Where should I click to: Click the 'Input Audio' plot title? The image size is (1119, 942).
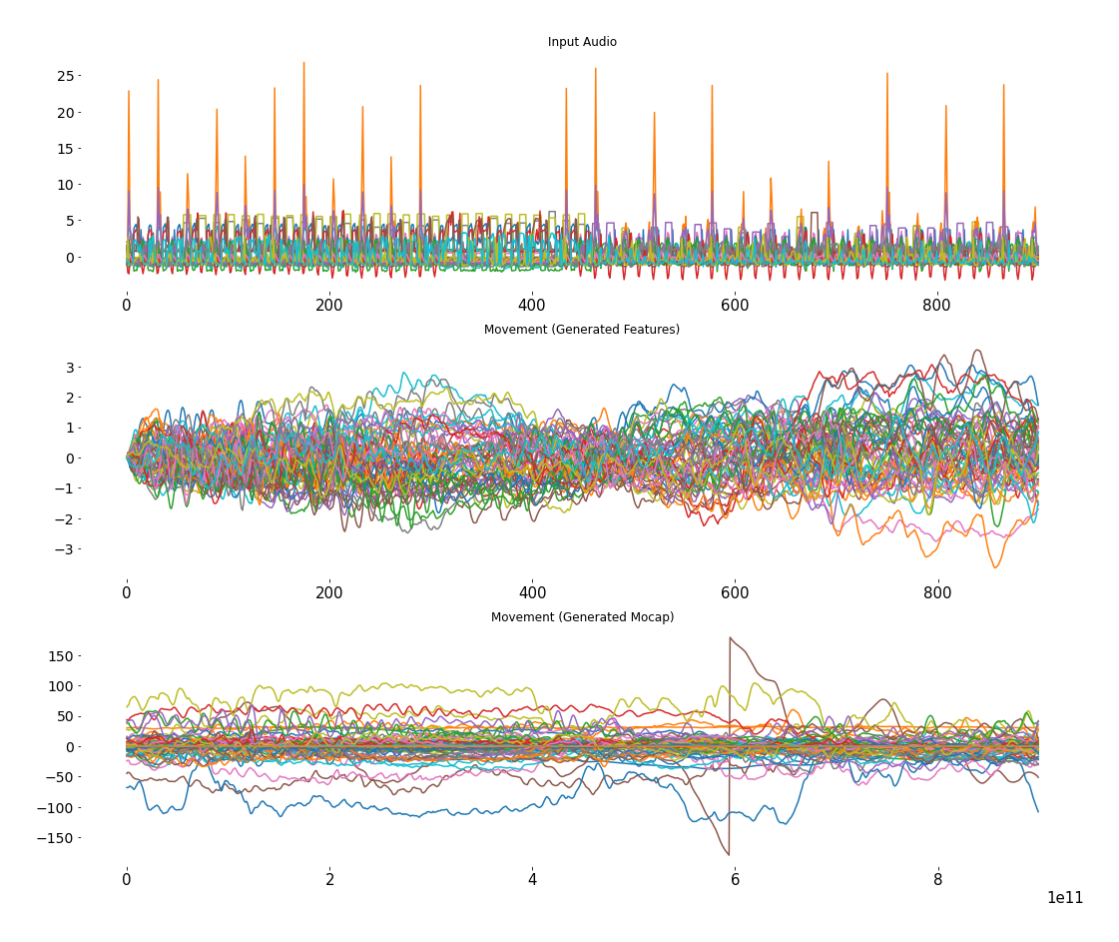coord(582,42)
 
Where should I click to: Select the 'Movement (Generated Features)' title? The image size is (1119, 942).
coord(582,330)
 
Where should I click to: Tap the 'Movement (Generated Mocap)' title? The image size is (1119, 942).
coord(582,617)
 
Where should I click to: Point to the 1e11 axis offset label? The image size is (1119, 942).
coord(1064,898)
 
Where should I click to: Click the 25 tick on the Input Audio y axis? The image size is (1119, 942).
coord(66,76)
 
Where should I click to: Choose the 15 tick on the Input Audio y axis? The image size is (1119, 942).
coord(66,149)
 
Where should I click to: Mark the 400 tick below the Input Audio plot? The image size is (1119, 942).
coord(532,305)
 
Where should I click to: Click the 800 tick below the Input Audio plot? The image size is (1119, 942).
coord(937,305)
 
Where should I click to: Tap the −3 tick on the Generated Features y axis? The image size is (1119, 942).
coord(66,549)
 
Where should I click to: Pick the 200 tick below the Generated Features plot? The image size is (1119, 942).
coord(329,592)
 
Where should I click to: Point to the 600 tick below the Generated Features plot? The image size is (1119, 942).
coord(735,592)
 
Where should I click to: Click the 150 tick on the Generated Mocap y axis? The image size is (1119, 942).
coord(60,656)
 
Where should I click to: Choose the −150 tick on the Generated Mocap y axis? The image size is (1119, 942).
coord(56,838)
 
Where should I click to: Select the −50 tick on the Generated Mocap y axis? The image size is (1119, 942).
coord(60,777)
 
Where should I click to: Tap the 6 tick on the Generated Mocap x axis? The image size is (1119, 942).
coord(735,880)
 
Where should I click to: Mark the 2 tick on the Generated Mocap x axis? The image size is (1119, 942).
coord(329,880)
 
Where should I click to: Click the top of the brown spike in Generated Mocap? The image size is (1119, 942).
coord(731,638)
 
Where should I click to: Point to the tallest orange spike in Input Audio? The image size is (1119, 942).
coord(303,63)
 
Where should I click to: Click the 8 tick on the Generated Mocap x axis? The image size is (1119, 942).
coord(937,880)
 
